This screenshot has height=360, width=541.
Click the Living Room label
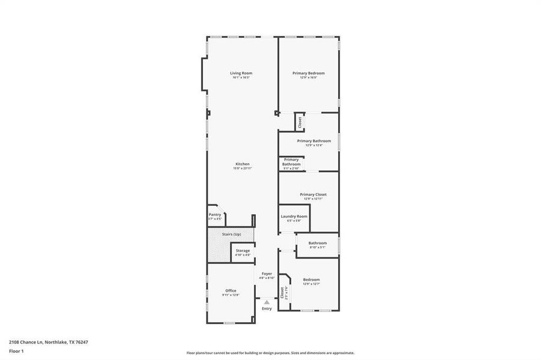coord(241,73)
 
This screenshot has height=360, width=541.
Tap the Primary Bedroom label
coord(308,73)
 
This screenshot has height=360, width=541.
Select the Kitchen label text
coord(242,164)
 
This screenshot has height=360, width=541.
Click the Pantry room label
coord(215,214)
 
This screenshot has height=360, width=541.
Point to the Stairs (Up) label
coord(231,234)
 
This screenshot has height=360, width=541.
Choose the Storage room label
coord(243,251)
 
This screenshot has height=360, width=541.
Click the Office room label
coord(231,290)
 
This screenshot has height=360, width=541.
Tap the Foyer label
coord(267,274)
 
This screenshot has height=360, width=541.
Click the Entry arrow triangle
coord(267,302)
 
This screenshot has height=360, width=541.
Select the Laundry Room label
coord(294,216)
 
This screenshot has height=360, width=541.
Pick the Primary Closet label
coord(313,194)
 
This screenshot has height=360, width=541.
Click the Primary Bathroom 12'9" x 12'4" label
coord(313,141)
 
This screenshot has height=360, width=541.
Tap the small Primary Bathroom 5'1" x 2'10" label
coord(291,161)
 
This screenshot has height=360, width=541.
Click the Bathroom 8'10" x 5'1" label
coord(318,243)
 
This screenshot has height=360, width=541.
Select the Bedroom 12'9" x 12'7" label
coord(311,280)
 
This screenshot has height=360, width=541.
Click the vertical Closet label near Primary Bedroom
coord(300,122)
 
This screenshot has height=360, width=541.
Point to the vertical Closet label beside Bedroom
coord(282,292)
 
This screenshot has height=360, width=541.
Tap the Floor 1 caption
coord(16,350)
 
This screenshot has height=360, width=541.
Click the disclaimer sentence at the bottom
coord(270,353)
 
